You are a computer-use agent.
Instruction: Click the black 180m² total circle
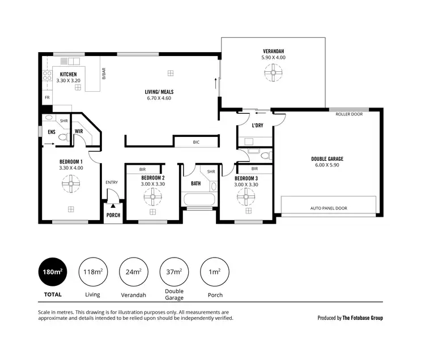(52, 272)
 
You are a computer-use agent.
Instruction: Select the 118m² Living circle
(92, 272)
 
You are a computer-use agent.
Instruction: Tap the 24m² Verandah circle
(133, 272)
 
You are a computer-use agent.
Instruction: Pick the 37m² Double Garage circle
(174, 272)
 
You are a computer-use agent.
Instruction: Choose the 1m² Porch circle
(215, 272)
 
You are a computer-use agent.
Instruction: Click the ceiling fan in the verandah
(273, 72)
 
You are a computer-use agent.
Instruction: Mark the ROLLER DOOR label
(348, 114)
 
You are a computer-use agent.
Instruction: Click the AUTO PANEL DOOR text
(329, 208)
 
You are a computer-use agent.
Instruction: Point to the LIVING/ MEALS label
(159, 92)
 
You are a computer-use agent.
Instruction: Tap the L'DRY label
(257, 125)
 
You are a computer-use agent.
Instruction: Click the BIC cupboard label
(196, 142)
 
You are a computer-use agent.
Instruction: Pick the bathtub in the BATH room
(198, 200)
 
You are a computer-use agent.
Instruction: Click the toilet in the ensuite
(62, 136)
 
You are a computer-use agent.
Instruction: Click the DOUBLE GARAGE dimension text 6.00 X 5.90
(327, 165)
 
